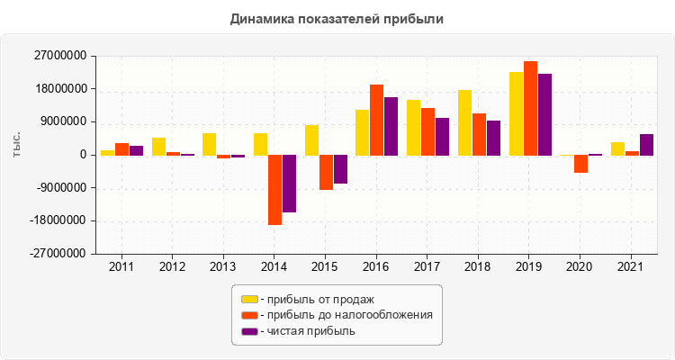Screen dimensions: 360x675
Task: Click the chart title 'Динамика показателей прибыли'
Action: tap(337, 19)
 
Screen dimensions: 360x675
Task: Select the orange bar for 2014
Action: tap(274, 190)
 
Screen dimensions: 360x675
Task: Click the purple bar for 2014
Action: tap(289, 184)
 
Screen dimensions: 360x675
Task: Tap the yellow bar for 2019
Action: tap(516, 113)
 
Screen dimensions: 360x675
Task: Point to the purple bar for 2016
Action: tap(391, 126)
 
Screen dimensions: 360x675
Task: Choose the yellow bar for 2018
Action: tap(464, 122)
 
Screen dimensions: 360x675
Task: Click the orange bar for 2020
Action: tap(581, 164)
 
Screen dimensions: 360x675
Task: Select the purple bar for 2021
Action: tap(646, 145)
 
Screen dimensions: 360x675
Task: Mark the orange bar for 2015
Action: tap(326, 173)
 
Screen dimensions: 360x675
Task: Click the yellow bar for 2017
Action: tap(413, 128)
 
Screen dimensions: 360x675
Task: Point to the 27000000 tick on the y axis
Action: tap(58, 56)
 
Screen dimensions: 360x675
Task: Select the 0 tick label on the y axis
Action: tap(83, 155)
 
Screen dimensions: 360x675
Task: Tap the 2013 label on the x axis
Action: tap(223, 266)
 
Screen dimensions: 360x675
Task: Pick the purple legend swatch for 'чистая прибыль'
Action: tap(249, 331)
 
